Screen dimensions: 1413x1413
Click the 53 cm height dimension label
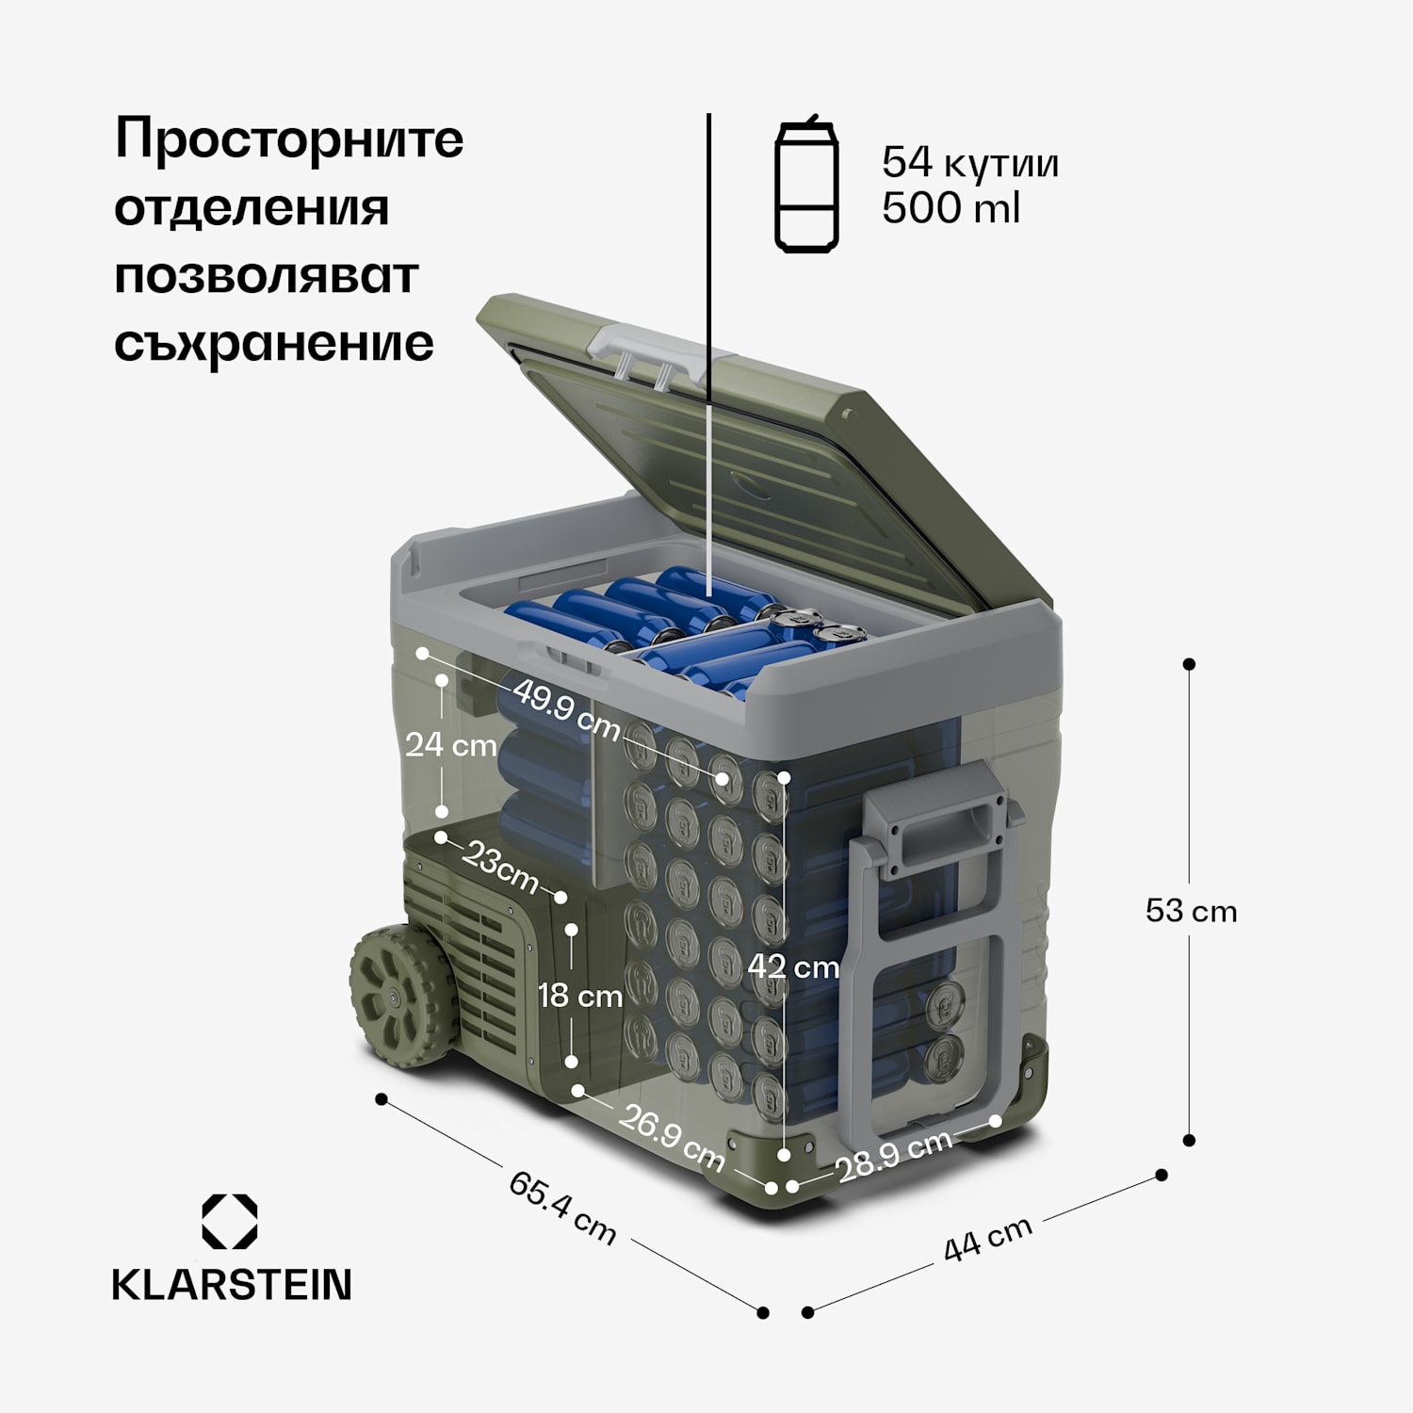1191,911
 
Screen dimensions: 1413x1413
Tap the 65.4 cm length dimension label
562,1207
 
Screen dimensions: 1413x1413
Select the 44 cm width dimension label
988,1239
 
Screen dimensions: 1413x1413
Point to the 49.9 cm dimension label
567,709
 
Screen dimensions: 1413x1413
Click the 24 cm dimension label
450,745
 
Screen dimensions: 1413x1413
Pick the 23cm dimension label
500,868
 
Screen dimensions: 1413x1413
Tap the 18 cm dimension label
579,996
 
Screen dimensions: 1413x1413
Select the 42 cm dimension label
792,966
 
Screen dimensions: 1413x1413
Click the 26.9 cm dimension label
671,1137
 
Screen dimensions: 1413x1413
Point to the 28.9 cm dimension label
894,1155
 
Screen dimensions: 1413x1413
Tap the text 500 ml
950,208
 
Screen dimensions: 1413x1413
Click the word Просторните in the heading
288,139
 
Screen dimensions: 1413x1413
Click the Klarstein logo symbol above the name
230,1222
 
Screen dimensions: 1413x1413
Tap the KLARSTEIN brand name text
232,1285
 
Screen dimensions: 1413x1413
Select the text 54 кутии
969,163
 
